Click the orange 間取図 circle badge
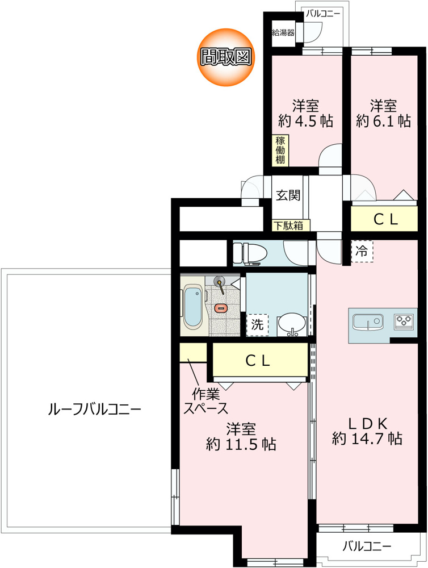226,57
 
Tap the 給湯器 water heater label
283,33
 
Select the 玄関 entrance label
288,195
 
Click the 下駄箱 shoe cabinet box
291,225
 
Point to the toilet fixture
250,253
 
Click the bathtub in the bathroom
192,307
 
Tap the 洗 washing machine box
257,325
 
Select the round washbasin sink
292,324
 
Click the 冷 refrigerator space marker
362,251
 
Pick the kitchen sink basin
368,322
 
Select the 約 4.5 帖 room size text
305,121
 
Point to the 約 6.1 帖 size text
383,121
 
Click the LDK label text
368,423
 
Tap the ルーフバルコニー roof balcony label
94,410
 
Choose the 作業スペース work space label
206,401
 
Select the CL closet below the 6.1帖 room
384,219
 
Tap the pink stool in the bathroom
220,308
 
